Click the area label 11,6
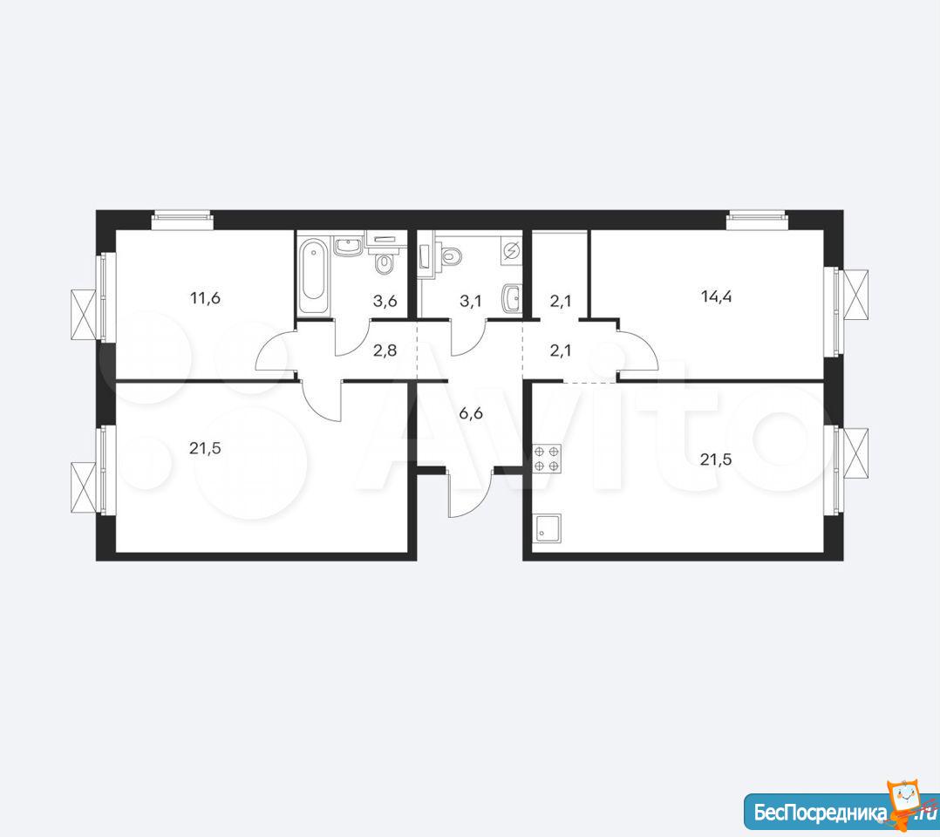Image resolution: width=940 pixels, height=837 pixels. [x=205, y=297]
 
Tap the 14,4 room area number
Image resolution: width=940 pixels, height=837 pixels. [x=717, y=296]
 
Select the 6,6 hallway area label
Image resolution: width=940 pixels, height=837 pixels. [x=471, y=412]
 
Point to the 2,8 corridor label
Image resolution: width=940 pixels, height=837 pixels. [x=385, y=350]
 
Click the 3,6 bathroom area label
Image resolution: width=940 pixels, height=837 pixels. [x=385, y=301]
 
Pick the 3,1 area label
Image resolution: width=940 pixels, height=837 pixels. [x=471, y=301]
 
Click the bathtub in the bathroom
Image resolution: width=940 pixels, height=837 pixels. [x=314, y=276]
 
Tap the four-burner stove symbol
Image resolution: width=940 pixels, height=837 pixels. [x=546, y=459]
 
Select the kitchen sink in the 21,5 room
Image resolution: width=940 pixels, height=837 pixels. [x=546, y=528]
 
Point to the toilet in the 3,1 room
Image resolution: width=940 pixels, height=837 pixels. [x=451, y=256]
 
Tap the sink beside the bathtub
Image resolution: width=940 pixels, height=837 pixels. [x=348, y=247]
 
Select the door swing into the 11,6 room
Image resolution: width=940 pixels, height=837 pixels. [x=276, y=354]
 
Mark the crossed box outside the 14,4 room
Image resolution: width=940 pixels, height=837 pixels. [x=856, y=296]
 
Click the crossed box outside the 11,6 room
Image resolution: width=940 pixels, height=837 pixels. [x=84, y=315]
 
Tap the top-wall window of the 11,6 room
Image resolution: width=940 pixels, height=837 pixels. [x=182, y=220]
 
